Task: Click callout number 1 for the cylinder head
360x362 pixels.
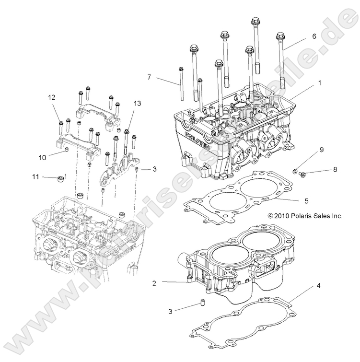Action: [306, 82]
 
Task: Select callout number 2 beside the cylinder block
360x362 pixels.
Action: [154, 283]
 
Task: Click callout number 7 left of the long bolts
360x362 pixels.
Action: [149, 77]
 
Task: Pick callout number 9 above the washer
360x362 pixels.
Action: [322, 150]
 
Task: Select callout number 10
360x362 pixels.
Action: [42, 157]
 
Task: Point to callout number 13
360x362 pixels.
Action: [124, 104]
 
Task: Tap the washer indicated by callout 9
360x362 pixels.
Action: [294, 170]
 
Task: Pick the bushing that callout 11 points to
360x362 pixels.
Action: [61, 178]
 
